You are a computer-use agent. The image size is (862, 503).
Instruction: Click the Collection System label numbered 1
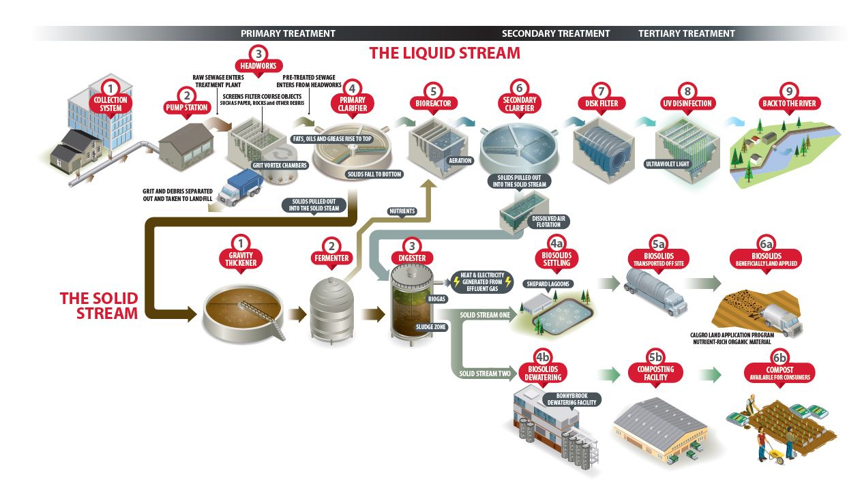point(110,104)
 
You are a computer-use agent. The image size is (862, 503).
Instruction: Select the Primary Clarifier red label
point(351,104)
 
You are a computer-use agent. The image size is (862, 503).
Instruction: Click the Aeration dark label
point(460,161)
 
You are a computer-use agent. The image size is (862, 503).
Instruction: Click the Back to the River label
point(788,104)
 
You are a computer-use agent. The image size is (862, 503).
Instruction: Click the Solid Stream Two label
point(486,374)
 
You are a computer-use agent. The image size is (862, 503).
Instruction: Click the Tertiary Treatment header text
point(686,33)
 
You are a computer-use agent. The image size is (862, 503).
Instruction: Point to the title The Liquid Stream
point(444,52)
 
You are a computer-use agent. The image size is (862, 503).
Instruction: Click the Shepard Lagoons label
point(547,283)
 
